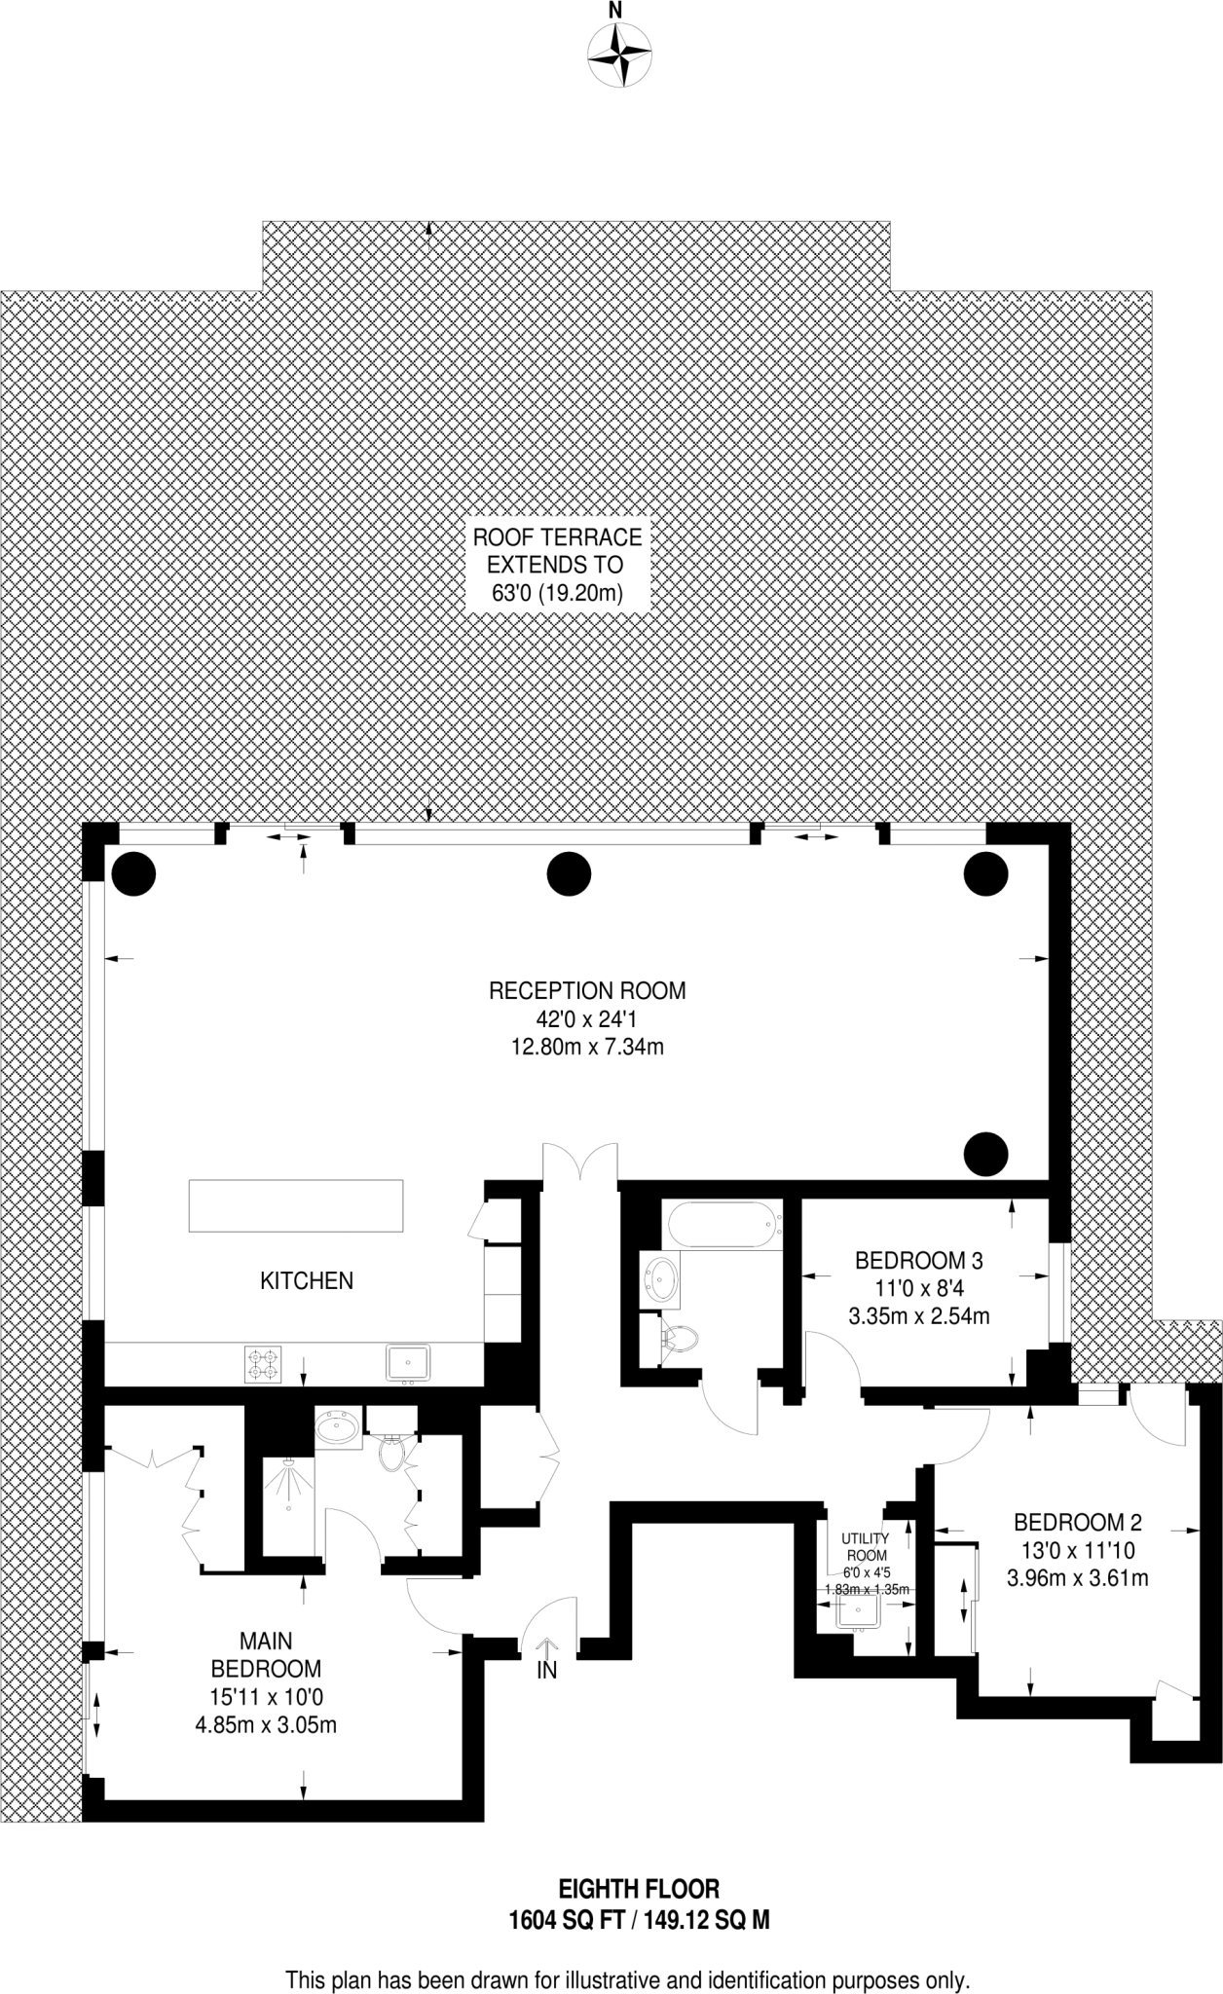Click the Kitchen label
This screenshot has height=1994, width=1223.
[307, 1280]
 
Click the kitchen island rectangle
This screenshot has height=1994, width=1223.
[296, 1205]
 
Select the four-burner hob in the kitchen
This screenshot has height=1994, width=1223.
[262, 1363]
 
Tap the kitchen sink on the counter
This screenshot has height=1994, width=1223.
[409, 1362]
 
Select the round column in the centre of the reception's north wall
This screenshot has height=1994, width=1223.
[570, 873]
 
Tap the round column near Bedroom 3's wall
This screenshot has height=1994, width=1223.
[985, 1154]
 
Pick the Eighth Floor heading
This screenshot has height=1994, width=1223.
[639, 1889]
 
